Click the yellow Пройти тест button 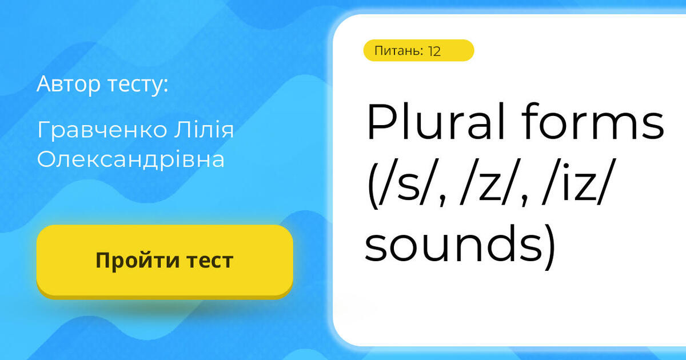click(165, 261)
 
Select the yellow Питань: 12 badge click(418, 50)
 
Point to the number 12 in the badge click(434, 51)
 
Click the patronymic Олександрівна click(131, 160)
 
